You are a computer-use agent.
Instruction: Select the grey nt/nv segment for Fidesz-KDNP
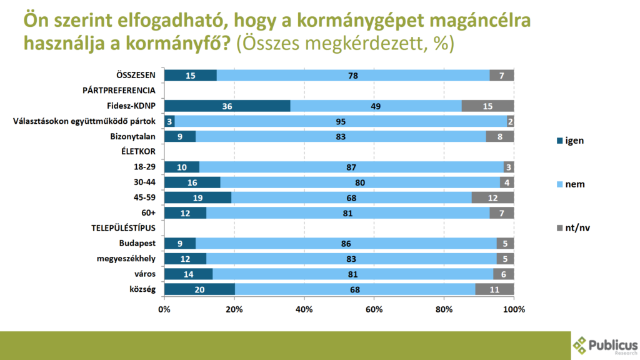(487, 106)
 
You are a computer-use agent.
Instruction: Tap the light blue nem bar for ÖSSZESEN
(353, 76)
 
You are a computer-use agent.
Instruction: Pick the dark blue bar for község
(199, 288)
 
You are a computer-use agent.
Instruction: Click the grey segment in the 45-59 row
(492, 197)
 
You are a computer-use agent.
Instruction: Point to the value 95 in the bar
(341, 121)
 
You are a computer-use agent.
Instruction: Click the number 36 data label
(227, 106)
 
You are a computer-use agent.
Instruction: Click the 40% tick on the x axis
(304, 309)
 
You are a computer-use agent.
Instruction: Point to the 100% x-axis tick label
(514, 309)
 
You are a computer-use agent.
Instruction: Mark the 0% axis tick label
(164, 309)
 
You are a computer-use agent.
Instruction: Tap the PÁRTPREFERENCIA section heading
(119, 91)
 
